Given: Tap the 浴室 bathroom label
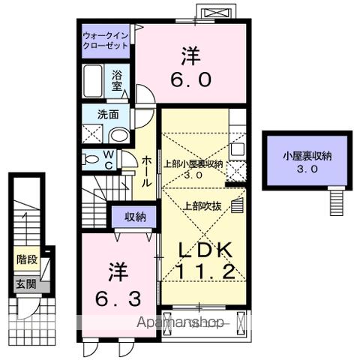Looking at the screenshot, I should (118, 80).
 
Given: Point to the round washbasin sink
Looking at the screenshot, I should (118, 136).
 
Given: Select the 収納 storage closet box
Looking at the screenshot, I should (135, 217).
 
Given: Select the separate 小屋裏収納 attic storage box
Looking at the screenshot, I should (307, 160).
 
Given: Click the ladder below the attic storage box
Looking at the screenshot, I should (336, 200).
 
